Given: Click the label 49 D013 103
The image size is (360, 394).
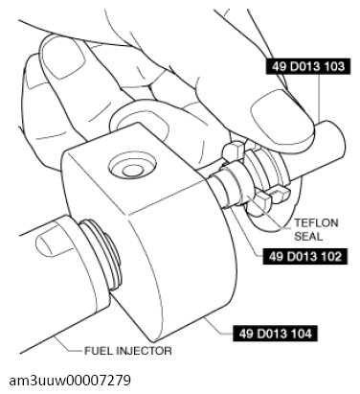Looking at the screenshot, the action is pyautogui.click(x=308, y=66).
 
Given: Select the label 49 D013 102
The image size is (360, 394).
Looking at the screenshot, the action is pyautogui.click(x=305, y=256).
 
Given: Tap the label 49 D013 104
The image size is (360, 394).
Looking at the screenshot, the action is pyautogui.click(x=275, y=334).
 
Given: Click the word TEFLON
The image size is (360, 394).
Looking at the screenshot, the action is pyautogui.click(x=316, y=222).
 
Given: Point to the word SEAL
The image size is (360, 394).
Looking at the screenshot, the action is pyautogui.click(x=308, y=237).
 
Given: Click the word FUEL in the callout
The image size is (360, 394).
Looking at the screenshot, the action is pyautogui.click(x=98, y=351).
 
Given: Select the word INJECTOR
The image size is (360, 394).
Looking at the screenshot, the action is pyautogui.click(x=144, y=351).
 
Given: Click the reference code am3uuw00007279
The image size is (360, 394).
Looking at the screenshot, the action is pyautogui.click(x=70, y=381).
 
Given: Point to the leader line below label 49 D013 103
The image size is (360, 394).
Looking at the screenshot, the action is pyautogui.click(x=320, y=98).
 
